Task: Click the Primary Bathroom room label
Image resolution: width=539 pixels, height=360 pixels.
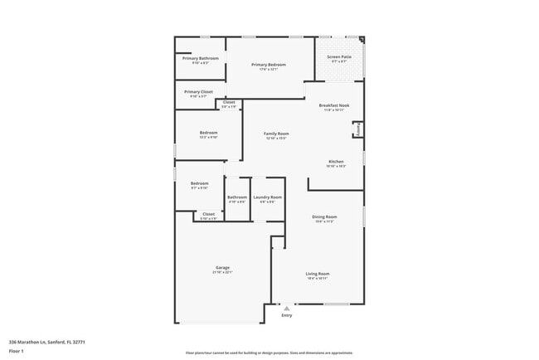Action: pyautogui.click(x=201, y=58)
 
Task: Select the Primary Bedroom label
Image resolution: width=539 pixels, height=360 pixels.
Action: pyautogui.click(x=269, y=64)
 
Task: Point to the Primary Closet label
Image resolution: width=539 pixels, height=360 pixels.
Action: pyautogui.click(x=199, y=92)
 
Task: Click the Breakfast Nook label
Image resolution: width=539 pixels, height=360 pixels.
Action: pyautogui.click(x=333, y=105)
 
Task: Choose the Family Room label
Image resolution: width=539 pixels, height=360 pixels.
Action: pyautogui.click(x=276, y=134)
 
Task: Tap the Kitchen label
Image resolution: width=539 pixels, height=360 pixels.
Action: pyautogui.click(x=336, y=162)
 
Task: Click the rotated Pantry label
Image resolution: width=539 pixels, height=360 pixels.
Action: pyautogui.click(x=357, y=129)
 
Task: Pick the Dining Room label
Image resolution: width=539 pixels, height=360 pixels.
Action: pyautogui.click(x=324, y=216)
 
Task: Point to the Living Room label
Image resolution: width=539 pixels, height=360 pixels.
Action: pyautogui.click(x=318, y=274)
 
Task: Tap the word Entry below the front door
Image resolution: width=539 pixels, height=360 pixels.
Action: pyautogui.click(x=287, y=315)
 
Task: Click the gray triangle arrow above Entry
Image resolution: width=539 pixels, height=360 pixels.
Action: pyautogui.click(x=287, y=308)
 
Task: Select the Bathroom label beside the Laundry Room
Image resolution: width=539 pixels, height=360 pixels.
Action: pyautogui.click(x=237, y=197)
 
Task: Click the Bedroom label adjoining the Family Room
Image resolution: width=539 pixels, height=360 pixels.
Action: pyautogui.click(x=208, y=133)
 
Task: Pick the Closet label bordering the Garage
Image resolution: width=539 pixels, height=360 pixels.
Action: pyautogui.click(x=208, y=214)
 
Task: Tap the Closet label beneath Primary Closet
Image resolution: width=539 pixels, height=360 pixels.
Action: pyautogui.click(x=228, y=103)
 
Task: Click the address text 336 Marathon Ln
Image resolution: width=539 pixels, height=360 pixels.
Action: pyautogui.click(x=47, y=342)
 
